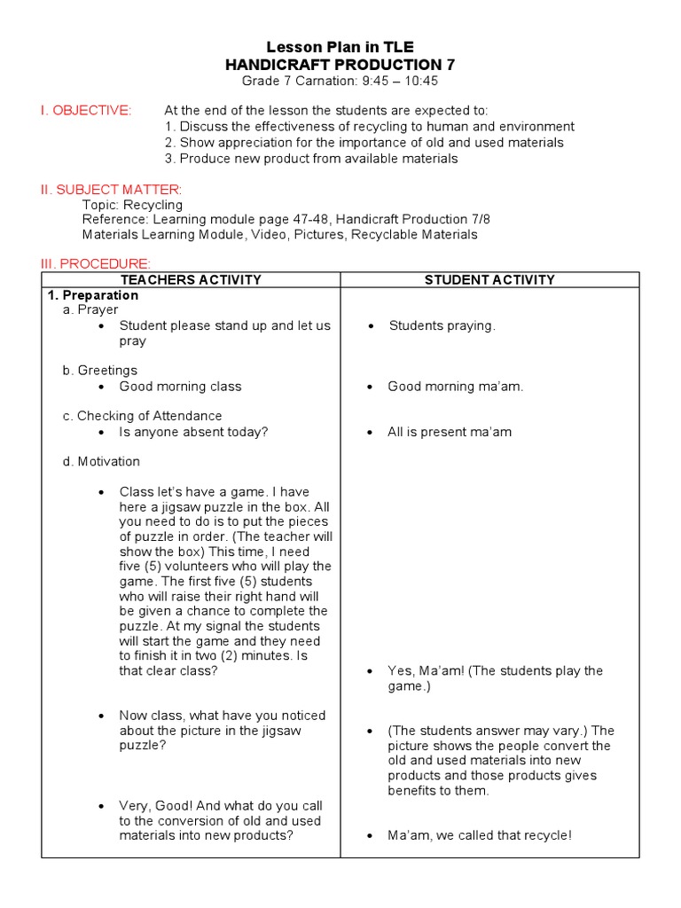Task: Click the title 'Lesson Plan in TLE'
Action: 340,47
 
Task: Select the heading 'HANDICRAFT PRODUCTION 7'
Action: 340,65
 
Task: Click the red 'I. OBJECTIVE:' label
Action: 85,111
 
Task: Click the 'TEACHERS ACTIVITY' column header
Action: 191,280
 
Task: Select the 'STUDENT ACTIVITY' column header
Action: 489,280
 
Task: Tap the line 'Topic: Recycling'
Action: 132,205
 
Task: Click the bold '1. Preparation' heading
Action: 92,295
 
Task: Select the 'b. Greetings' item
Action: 99,371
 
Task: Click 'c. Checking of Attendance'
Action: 142,416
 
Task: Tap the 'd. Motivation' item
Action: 101,461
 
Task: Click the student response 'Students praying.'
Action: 442,325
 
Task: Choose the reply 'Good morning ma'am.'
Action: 455,387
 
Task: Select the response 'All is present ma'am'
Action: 450,432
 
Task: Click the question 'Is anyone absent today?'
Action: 193,432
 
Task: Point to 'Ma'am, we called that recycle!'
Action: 480,835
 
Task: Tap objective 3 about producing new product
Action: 311,159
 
